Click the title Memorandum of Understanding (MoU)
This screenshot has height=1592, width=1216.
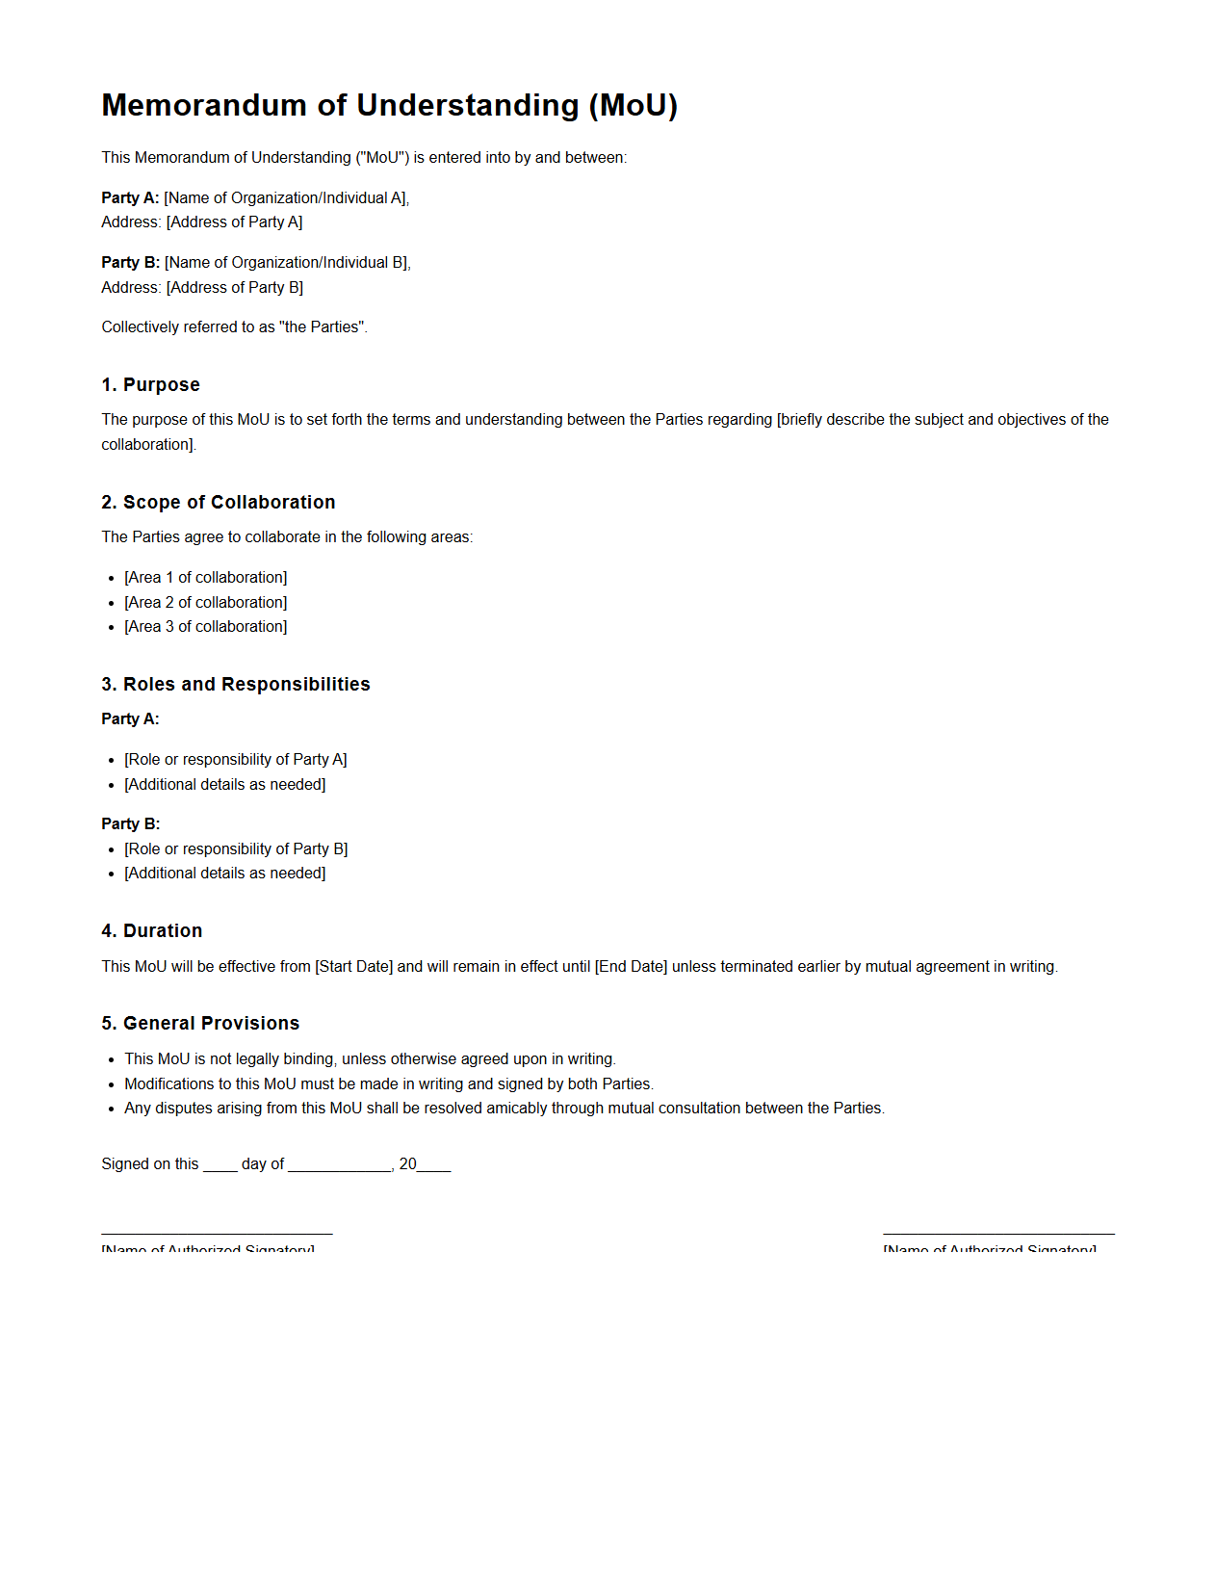(389, 105)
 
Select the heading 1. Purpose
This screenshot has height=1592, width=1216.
(150, 384)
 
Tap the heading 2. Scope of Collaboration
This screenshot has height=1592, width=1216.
(218, 502)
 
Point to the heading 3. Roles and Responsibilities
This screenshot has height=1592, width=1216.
(235, 684)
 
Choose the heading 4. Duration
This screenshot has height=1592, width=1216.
(151, 930)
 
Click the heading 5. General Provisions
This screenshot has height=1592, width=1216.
(200, 1023)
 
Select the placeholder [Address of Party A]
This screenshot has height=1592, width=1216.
(234, 222)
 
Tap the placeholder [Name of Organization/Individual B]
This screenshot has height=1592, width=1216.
(286, 262)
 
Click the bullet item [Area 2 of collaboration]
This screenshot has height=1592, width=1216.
(205, 602)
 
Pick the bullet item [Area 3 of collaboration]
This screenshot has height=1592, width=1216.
(205, 626)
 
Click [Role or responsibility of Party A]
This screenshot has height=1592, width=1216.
(235, 759)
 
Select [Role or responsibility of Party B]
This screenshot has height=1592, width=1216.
(236, 848)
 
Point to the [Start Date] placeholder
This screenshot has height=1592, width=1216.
(353, 966)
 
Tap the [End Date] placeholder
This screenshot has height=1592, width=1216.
(631, 966)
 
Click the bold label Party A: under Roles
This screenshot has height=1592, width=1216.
(130, 718)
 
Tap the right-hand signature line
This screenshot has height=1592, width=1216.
(998, 1233)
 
